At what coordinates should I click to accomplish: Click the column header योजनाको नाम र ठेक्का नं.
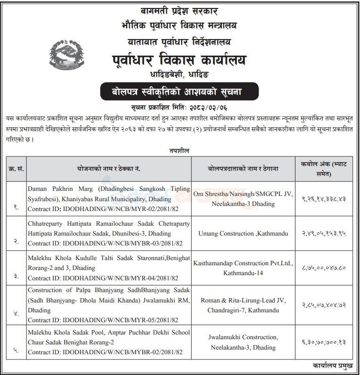[x=109, y=168]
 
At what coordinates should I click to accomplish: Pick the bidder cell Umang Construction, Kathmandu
[x=238, y=233]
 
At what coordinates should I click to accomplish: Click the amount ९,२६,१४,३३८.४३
[x=324, y=199]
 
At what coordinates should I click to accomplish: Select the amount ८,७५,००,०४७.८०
[x=324, y=268]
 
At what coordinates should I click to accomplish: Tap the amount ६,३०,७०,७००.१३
[x=324, y=342]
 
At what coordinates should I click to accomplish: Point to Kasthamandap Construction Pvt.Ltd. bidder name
[x=238, y=263]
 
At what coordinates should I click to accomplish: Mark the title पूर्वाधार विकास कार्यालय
[x=179, y=60]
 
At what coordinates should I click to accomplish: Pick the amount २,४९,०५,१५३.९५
[x=324, y=233]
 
